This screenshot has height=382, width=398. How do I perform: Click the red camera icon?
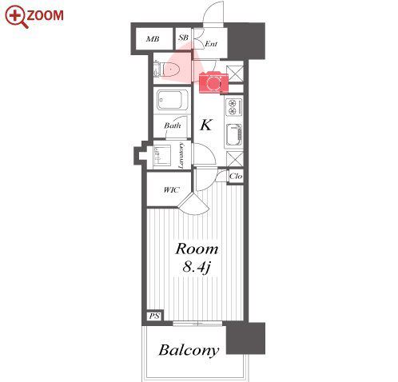click(213, 82)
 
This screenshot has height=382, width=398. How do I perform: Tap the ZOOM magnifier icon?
click(17, 17)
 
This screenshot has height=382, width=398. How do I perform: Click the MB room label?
click(153, 39)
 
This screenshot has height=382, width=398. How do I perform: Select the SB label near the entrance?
click(183, 38)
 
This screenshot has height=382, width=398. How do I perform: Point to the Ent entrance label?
click(211, 44)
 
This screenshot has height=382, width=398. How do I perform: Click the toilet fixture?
click(167, 70)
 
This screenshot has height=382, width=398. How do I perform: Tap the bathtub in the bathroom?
click(173, 100)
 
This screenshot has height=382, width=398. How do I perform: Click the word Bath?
click(173, 125)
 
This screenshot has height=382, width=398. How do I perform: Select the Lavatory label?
click(181, 155)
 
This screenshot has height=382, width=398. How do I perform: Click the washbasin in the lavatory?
click(162, 156)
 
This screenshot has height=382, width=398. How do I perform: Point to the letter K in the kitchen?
click(206, 125)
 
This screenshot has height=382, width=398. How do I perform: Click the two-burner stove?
click(234, 107)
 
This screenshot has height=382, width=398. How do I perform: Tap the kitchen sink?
click(234, 136)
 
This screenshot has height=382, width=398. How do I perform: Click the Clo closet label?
click(236, 176)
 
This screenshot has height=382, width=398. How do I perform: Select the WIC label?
click(171, 190)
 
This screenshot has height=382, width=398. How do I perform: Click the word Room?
click(197, 249)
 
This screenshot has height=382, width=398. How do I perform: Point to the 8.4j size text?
click(197, 267)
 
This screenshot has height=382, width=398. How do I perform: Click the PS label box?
click(154, 316)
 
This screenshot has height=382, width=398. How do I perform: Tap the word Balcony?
click(189, 350)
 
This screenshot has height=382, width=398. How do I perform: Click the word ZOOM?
click(45, 15)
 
